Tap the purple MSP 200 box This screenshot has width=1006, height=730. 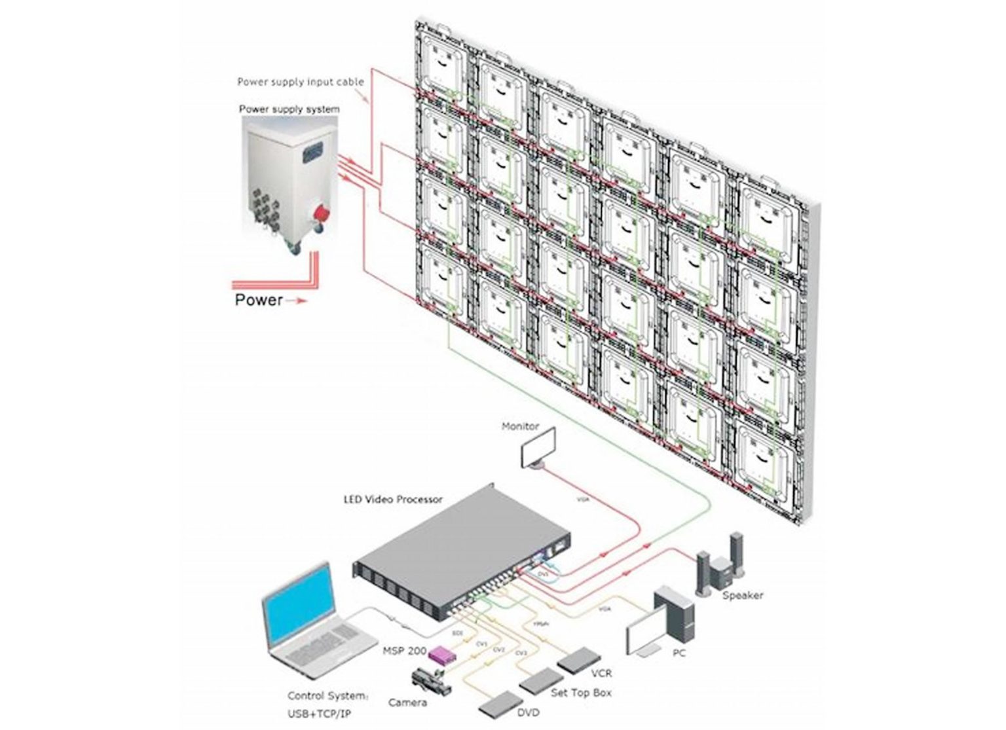tap(442, 653)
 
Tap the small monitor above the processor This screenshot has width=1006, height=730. tap(537, 447)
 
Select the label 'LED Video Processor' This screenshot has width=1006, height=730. tap(393, 499)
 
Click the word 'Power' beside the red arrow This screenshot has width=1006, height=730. tap(259, 301)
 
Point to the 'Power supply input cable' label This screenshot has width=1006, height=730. tap(300, 82)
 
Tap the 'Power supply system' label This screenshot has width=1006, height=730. tap(289, 109)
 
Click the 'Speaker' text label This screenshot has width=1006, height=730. tap(742, 595)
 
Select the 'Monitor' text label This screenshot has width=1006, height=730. tap(520, 426)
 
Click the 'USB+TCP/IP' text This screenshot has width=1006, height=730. tap(319, 713)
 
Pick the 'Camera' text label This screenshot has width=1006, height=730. tap(407, 703)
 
